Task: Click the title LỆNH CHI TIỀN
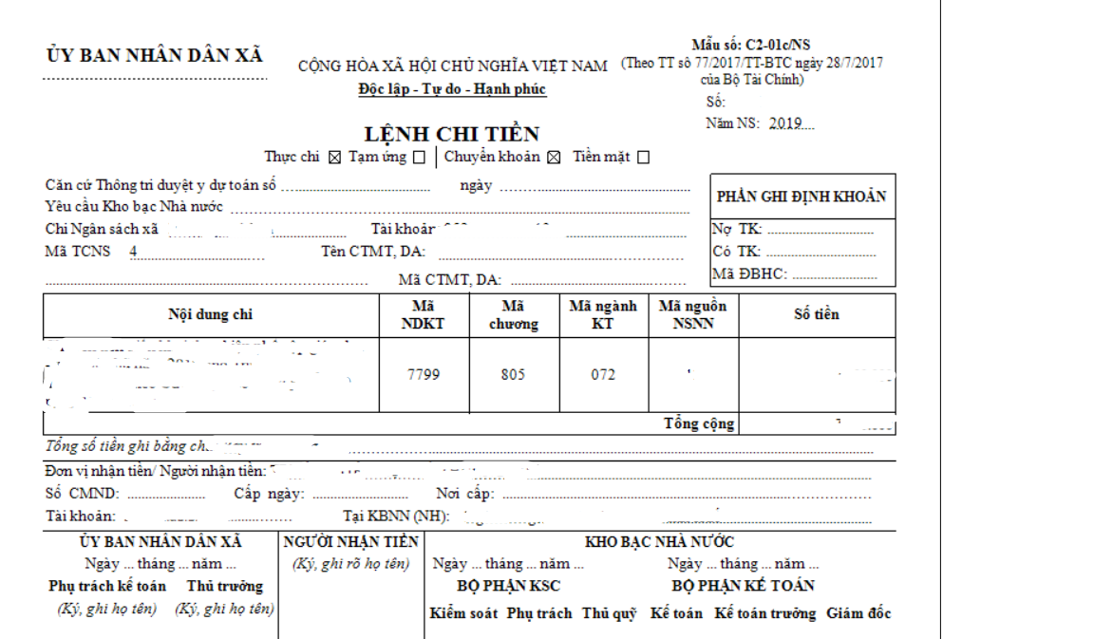pyautogui.click(x=451, y=134)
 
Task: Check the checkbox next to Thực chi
pyautogui.click(x=334, y=158)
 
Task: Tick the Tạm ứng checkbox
pyautogui.click(x=419, y=158)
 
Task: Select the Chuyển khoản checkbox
pyautogui.click(x=554, y=158)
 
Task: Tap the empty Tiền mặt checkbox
pyautogui.click(x=643, y=158)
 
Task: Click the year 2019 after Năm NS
pyautogui.click(x=785, y=123)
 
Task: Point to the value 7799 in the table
pyautogui.click(x=424, y=374)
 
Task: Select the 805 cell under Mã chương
pyautogui.click(x=514, y=374)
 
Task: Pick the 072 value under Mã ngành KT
pyautogui.click(x=603, y=374)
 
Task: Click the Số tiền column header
pyautogui.click(x=817, y=314)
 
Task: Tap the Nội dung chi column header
pyautogui.click(x=211, y=314)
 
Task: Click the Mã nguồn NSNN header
pyautogui.click(x=693, y=314)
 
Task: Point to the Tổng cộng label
pyautogui.click(x=699, y=423)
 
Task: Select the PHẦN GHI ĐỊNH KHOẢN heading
pyautogui.click(x=802, y=197)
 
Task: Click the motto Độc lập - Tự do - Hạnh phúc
pyautogui.click(x=452, y=89)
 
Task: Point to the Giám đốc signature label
pyautogui.click(x=858, y=613)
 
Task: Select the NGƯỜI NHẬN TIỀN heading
pyautogui.click(x=351, y=541)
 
